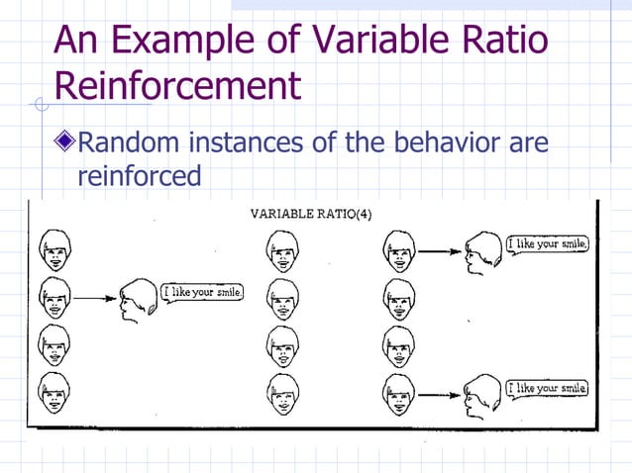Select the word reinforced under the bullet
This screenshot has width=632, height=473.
point(139,176)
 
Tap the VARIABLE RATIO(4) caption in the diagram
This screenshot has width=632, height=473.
point(311,213)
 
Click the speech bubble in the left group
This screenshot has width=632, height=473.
point(202,293)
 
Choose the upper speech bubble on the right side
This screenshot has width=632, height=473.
point(547,243)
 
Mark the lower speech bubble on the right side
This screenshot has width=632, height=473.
point(547,388)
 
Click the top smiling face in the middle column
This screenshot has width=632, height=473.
point(282,249)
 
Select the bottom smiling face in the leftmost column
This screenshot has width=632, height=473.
point(52,394)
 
